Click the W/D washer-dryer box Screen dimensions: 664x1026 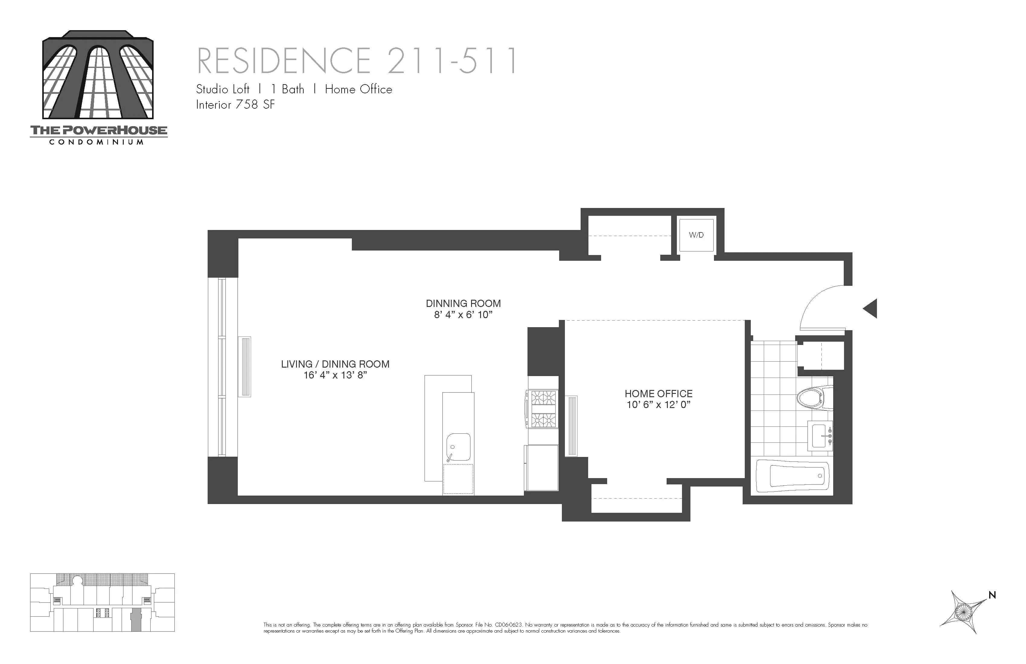click(696, 235)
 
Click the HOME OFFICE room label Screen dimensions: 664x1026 click(658, 394)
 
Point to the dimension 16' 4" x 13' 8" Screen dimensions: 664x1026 click(335, 375)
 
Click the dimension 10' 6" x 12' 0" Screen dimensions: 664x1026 click(658, 405)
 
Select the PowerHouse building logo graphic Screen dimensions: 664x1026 click(98, 75)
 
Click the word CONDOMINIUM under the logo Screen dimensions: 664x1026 click(97, 142)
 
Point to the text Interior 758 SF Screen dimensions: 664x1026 click(235, 105)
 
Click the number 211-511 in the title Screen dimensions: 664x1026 click(452, 61)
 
